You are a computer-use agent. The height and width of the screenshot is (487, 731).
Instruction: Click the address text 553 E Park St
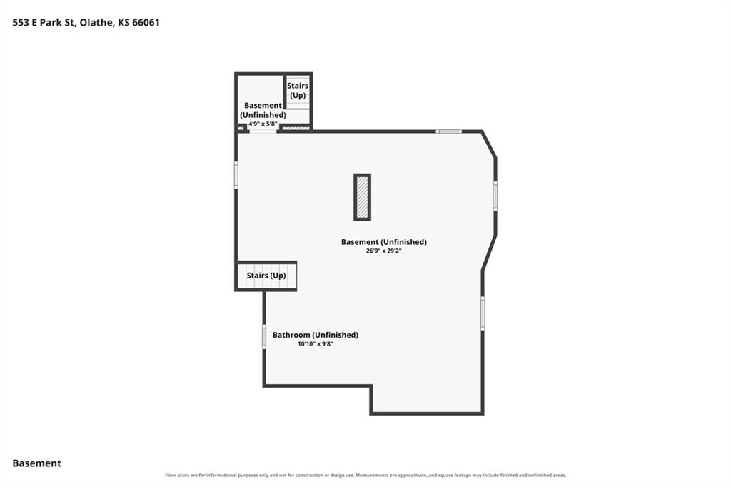point(44,22)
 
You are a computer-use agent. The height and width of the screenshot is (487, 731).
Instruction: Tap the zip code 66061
point(146,22)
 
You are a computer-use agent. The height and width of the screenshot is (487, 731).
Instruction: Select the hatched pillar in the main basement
point(362,197)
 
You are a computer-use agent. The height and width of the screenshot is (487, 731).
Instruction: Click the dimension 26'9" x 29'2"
point(383,251)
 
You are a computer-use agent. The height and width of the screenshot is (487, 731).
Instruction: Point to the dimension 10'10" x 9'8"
point(315,343)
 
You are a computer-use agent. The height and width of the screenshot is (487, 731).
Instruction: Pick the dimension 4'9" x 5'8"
point(263,124)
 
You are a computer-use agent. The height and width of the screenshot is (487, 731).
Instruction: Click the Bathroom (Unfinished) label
point(315,334)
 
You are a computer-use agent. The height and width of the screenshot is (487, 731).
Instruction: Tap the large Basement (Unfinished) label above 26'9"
point(383,241)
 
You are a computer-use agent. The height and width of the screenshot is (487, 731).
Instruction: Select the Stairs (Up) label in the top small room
point(298,91)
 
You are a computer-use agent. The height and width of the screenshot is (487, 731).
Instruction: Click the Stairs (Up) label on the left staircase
point(266,275)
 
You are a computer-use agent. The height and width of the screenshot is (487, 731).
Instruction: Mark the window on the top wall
point(448,131)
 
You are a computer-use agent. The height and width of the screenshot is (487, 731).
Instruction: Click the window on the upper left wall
point(236,175)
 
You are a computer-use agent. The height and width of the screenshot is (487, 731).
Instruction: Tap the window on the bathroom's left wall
point(264,337)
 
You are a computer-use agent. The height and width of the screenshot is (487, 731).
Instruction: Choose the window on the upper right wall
point(495,196)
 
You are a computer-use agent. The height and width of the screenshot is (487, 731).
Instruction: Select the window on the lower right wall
point(483,313)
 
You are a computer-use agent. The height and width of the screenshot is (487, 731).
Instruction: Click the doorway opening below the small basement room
point(263,131)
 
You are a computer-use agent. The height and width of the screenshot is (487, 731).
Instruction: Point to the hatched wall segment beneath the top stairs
point(296,128)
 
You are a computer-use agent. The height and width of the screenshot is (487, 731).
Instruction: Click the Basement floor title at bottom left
point(37,463)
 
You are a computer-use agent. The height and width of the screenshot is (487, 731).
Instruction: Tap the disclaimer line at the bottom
point(365,476)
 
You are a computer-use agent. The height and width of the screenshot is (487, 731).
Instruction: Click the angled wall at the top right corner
point(488,145)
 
